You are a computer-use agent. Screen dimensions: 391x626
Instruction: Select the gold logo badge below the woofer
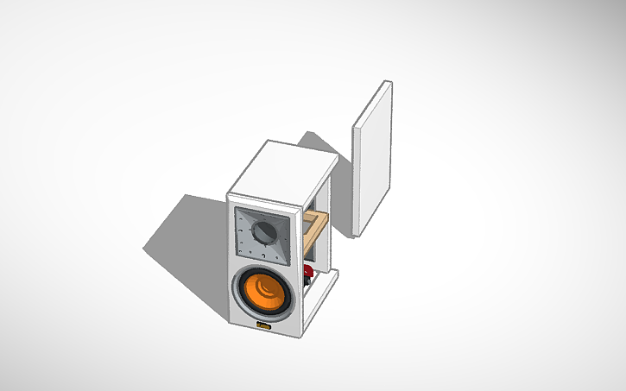coord(263,325)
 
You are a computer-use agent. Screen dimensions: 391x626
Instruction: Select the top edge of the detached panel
coord(387,82)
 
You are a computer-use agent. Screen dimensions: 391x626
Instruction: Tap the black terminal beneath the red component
coord(308,285)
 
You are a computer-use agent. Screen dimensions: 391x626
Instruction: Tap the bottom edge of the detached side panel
coord(361,234)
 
